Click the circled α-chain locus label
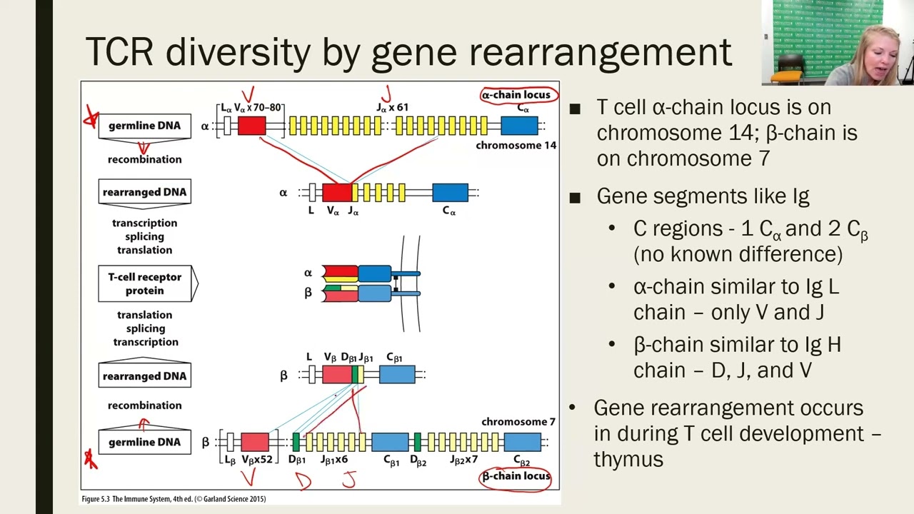pyautogui.click(x=516, y=94)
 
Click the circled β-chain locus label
pyautogui.click(x=516, y=476)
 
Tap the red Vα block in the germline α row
pyautogui.click(x=251, y=126)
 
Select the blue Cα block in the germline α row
pyautogui.click(x=519, y=126)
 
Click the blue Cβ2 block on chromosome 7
pyautogui.click(x=522, y=442)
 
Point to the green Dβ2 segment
pyautogui.click(x=418, y=442)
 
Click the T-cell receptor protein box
pyautogui.click(x=145, y=283)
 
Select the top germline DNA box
pyautogui.click(x=145, y=126)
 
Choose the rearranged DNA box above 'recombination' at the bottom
pyautogui.click(x=145, y=376)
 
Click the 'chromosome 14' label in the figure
pyautogui.click(x=516, y=146)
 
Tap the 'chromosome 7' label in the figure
pyautogui.click(x=518, y=422)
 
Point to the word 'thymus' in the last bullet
pyautogui.click(x=628, y=459)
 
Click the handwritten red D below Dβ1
pyautogui.click(x=303, y=481)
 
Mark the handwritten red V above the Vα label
pyautogui.click(x=248, y=96)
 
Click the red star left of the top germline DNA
pyautogui.click(x=91, y=118)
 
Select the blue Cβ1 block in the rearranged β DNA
pyautogui.click(x=397, y=375)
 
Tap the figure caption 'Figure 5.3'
pyautogui.click(x=96, y=499)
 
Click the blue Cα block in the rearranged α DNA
pyautogui.click(x=450, y=193)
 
